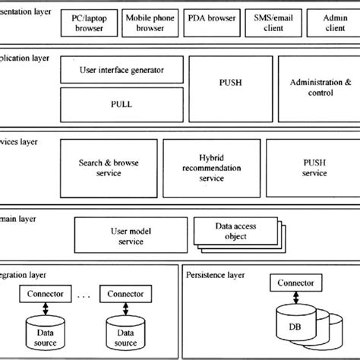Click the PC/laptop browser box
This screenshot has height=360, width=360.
pyautogui.click(x=90, y=24)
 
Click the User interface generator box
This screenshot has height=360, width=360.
pyautogui.click(x=122, y=71)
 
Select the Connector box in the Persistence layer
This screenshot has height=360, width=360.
pyautogui.click(x=293, y=283)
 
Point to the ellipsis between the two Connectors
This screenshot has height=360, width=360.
pyautogui.click(x=86, y=295)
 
